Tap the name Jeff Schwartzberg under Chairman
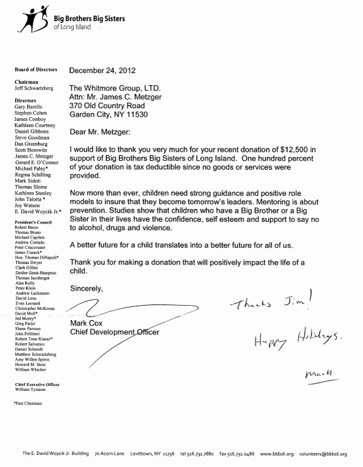[34, 88]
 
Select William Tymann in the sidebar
[35, 390]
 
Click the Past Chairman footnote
[28, 402]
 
